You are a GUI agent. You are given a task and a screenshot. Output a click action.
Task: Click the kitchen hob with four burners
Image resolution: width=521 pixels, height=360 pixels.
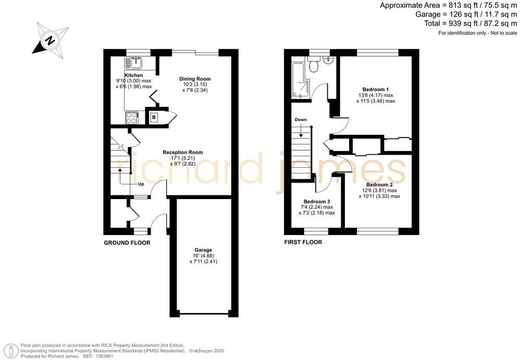(x=131, y=118)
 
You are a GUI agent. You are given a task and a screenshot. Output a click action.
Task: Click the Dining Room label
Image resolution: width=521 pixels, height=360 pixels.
(x=195, y=79)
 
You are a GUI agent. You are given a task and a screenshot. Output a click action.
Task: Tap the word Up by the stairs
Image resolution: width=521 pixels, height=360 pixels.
(x=141, y=184)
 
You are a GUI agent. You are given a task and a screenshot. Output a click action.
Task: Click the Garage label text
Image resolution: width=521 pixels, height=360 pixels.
(x=203, y=250)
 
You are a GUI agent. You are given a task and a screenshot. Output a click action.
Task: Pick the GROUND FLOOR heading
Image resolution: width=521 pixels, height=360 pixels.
(x=127, y=243)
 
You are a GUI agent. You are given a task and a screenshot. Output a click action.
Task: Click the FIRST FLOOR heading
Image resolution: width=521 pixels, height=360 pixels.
(x=303, y=242)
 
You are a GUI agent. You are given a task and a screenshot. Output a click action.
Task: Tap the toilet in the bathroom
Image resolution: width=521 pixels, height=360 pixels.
(x=314, y=66)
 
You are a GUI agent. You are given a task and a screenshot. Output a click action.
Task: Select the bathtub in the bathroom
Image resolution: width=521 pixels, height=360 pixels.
(x=300, y=81)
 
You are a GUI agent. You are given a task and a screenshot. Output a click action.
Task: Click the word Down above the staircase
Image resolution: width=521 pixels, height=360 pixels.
(x=301, y=119)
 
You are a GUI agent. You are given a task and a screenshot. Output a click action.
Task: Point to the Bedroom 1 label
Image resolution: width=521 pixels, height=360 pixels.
(x=376, y=89)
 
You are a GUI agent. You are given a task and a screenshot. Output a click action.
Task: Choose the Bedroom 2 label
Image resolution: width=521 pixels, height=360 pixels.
(x=379, y=184)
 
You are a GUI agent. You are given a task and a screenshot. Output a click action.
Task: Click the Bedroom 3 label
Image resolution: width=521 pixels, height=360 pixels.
(x=317, y=201)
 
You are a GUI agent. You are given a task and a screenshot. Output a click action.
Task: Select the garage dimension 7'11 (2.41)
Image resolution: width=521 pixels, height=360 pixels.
(x=203, y=262)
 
